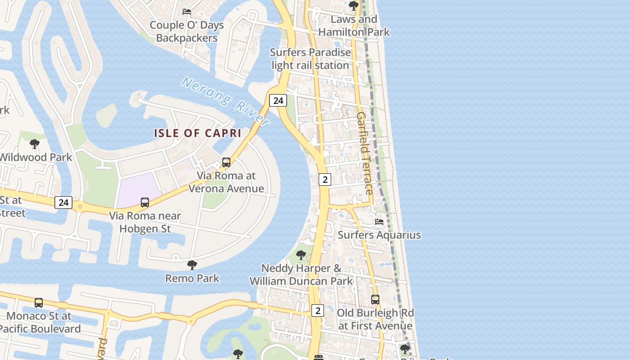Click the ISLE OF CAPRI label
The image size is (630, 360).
coord(198,133)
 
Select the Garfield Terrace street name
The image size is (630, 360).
coord(364,153)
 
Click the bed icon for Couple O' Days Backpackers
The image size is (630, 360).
coord(186,11)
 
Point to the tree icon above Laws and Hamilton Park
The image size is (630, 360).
coord(354,6)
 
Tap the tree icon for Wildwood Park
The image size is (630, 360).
coord(34,144)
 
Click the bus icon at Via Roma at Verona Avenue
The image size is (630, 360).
coord(226,162)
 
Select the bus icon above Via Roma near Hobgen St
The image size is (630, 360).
coord(145,202)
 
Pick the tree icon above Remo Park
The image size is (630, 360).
coord(192,265)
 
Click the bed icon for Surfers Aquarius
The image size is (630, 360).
coord(379,222)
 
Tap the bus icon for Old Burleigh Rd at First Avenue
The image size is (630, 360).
coord(375,299)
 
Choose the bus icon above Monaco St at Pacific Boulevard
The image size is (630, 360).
coord(39,303)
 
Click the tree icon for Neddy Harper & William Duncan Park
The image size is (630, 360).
coord(301,255)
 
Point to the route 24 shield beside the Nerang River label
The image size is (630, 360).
coord(278,100)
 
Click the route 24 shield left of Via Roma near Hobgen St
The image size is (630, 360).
coord(63,202)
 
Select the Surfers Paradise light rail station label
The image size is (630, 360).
coord(310,59)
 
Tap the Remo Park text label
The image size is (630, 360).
coord(192,278)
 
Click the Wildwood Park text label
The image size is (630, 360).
coord(36,157)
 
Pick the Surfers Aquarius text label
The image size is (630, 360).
coord(379,235)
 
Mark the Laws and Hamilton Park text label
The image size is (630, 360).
coord(354,26)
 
